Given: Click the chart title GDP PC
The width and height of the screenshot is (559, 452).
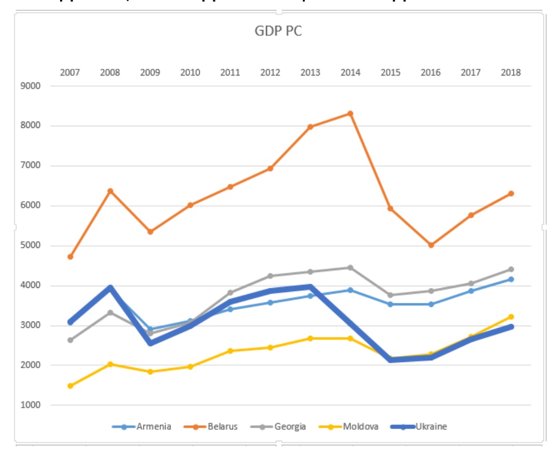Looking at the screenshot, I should pos(278,31).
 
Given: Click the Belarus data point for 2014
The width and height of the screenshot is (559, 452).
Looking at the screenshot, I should pos(350,113).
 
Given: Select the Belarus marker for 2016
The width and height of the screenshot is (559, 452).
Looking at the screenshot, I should pos(431,245).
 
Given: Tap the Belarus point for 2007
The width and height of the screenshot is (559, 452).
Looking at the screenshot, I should pos(70,257).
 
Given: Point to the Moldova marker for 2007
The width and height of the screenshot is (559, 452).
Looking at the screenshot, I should pos(70,386).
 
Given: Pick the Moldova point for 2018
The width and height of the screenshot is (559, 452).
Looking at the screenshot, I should pos(511,316).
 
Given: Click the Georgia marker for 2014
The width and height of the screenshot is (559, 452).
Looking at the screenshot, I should pos(350,268).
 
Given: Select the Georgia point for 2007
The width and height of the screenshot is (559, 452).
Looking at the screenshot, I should pos(70,340).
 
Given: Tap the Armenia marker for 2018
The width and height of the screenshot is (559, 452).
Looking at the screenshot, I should pos(511,279).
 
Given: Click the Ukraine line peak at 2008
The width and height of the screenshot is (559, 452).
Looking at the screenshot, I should pos(110,288).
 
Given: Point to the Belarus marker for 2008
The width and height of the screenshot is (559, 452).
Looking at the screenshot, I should pos(110,191).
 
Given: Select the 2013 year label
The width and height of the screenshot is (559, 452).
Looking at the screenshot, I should pos(310,72).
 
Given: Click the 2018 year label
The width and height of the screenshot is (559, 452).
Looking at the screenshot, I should pos(511,72).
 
